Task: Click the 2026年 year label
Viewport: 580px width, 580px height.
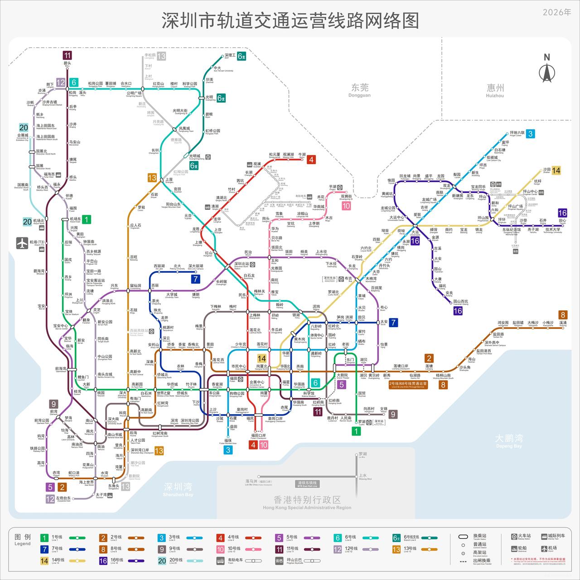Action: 557,12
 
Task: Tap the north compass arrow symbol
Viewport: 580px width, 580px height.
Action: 546,69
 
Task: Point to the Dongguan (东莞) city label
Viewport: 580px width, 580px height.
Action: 360,89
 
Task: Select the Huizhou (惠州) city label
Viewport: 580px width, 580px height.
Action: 495,89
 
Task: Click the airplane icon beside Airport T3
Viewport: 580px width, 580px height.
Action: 22,243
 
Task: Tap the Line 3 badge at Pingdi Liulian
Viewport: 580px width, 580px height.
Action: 530,134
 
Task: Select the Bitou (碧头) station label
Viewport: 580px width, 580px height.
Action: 68,64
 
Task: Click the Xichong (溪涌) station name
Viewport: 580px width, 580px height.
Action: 563,324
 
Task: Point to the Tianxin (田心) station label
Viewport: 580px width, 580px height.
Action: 562,222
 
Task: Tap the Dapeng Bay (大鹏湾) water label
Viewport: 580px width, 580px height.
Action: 509,440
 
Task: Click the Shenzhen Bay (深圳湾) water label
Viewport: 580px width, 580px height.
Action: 178,488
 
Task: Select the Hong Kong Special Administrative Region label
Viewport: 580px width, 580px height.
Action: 307,502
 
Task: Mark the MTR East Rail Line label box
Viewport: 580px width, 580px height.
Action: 307,483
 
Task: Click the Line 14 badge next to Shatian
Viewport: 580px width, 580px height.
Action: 556,171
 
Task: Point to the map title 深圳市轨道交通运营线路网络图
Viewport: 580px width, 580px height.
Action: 290,21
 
